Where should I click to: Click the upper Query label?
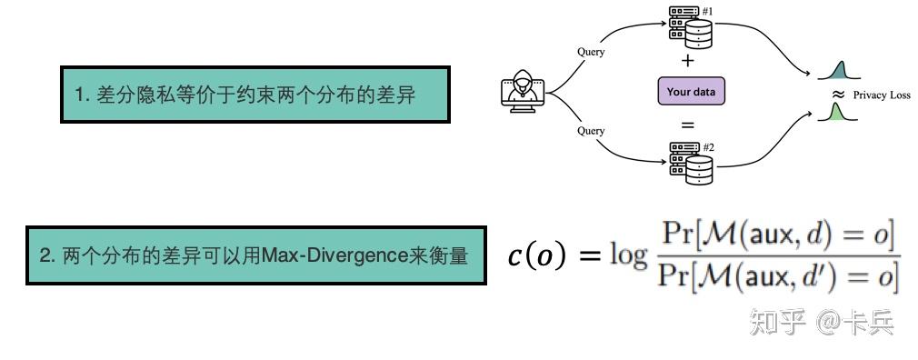tap(591, 52)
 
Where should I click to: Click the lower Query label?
tap(591, 131)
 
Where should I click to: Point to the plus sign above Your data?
tap(688, 62)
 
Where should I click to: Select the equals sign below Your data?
tap(688, 124)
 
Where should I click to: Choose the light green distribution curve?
tap(836, 113)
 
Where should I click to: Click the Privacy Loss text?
tap(881, 95)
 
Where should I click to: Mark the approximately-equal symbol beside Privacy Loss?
tap(839, 94)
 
